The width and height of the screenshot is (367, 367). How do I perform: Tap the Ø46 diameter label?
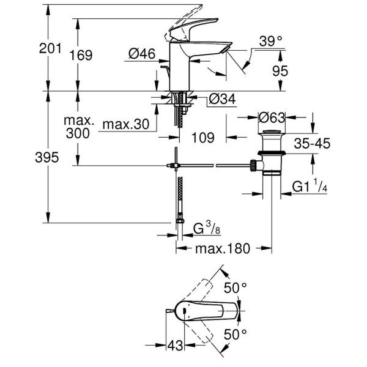pos(141,54)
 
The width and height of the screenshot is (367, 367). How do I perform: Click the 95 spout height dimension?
pos(280,72)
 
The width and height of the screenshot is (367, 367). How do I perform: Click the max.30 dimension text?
pos(126,125)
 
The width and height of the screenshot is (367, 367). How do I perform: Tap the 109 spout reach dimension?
pos(202,138)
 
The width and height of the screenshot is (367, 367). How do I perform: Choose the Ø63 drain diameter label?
pos(272,117)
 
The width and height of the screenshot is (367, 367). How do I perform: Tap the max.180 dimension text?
pos(223,249)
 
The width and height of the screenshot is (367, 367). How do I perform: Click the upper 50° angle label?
pos(235,286)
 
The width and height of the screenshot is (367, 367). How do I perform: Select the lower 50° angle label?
pos(235,333)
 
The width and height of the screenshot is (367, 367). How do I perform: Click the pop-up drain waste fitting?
pos(269,153)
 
